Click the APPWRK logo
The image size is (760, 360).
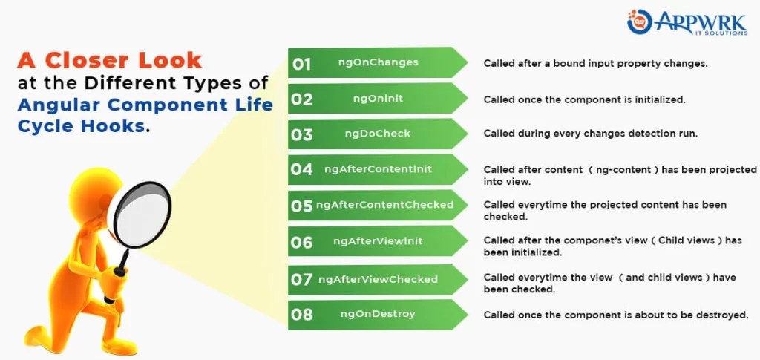coord(687,22)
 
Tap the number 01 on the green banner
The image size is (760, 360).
coord(301,64)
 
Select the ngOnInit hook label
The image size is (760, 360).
coord(378,99)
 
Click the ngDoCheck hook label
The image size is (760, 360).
coord(378,134)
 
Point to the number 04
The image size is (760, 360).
coord(301,169)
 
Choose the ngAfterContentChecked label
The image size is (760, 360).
coord(385,205)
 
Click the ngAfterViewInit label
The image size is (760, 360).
coord(378,240)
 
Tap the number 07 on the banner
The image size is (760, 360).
coord(301,280)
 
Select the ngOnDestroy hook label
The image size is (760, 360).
coord(378,314)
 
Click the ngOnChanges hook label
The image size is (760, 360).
coord(378,62)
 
